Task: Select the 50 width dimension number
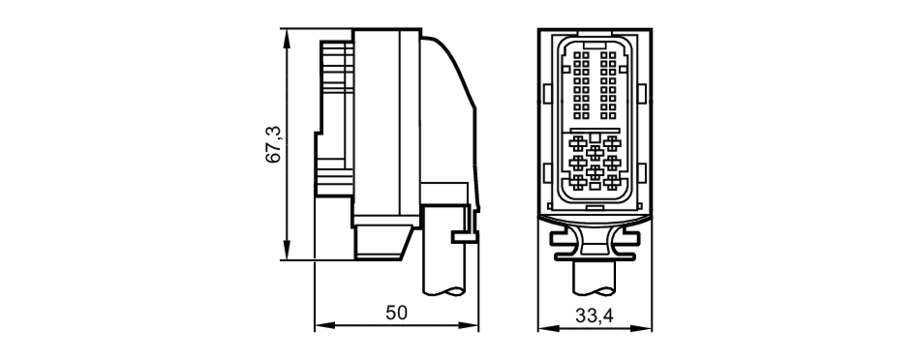pos(396,313)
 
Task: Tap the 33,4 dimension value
pos(594,316)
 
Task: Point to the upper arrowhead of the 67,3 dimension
pos(287,39)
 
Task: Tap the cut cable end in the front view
pos(594,291)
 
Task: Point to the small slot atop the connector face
pos(595,46)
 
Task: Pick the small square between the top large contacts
pos(595,137)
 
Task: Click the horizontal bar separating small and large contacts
pos(595,130)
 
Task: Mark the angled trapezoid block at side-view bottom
pos(382,242)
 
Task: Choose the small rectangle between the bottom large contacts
pos(595,186)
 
